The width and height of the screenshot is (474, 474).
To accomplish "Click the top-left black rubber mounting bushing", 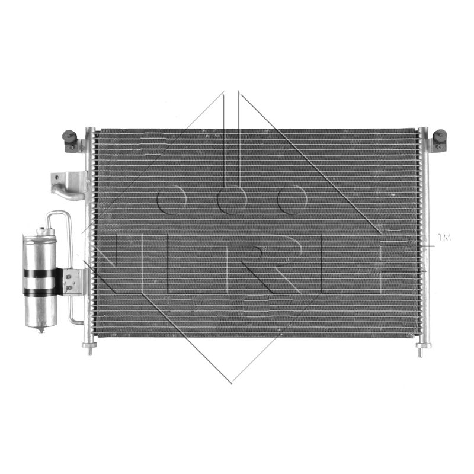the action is (69, 136).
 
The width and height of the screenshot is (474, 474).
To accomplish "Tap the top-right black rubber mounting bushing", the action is (440, 136).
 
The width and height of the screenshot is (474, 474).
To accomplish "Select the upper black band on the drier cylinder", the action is (42, 273).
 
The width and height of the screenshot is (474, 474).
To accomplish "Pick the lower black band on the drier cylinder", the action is (42, 292).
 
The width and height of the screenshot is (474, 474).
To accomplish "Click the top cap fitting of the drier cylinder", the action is (46, 232).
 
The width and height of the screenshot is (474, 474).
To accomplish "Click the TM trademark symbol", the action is (444, 238).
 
